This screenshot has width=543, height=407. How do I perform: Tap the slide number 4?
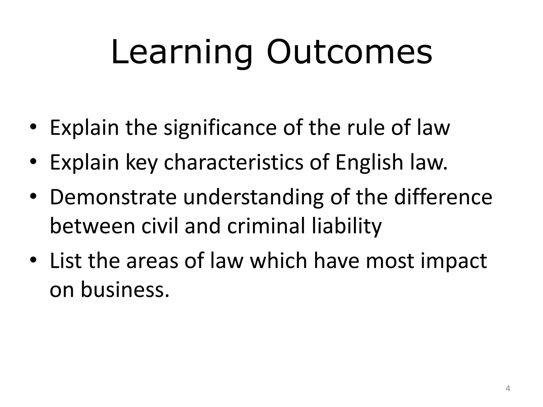(x=508, y=389)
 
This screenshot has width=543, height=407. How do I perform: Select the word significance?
(x=220, y=128)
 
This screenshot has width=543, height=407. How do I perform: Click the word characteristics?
(x=233, y=162)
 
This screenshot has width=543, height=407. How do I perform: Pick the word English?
(x=369, y=163)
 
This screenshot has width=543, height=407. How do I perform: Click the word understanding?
(x=253, y=198)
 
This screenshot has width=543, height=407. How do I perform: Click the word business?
(x=125, y=289)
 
